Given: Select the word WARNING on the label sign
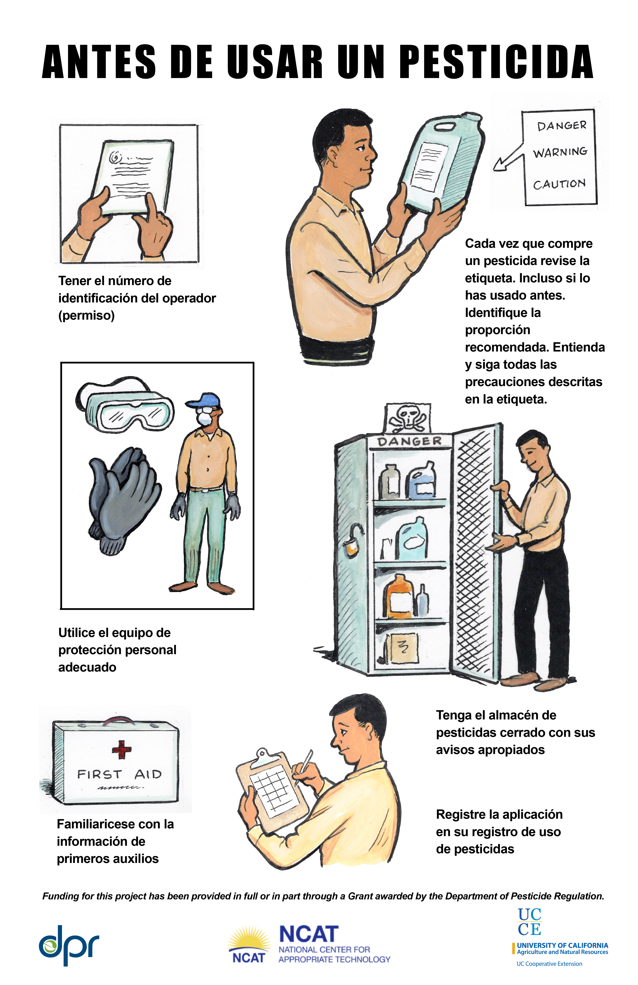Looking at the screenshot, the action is [x=560, y=152].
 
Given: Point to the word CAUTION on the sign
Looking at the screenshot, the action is [x=559, y=184].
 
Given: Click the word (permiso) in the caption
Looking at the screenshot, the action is [x=87, y=315].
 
